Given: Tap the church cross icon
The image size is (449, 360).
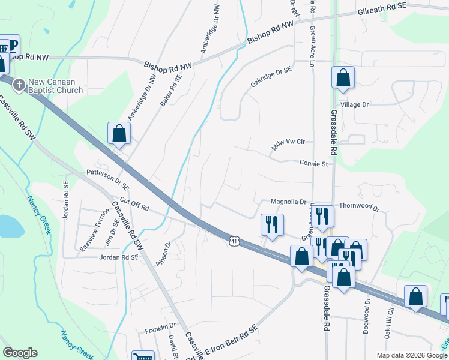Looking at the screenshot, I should (x=19, y=85).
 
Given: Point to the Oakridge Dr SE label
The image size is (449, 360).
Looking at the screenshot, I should (x=271, y=79).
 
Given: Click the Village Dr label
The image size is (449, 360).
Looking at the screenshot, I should (x=354, y=104).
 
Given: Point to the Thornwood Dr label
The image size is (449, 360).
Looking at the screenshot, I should (x=360, y=207).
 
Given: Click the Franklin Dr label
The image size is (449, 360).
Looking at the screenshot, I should (x=160, y=330).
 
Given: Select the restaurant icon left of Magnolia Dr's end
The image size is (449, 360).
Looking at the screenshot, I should (x=272, y=224).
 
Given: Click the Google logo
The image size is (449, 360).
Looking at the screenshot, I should (x=20, y=353).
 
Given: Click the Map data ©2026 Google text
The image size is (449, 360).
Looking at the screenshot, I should (x=411, y=355).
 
